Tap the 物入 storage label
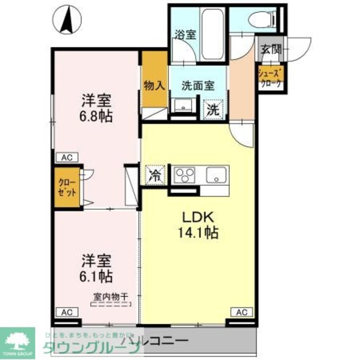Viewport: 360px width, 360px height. pyautogui.click(x=154, y=86)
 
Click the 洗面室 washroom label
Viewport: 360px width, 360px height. pyautogui.click(x=198, y=86)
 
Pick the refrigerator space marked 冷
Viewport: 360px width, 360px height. pyautogui.click(x=155, y=175)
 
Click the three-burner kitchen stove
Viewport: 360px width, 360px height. pyautogui.click(x=184, y=175)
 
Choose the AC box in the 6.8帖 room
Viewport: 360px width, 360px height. pyautogui.click(x=67, y=157)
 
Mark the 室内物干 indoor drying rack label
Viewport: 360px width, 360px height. pyautogui.click(x=111, y=297)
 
